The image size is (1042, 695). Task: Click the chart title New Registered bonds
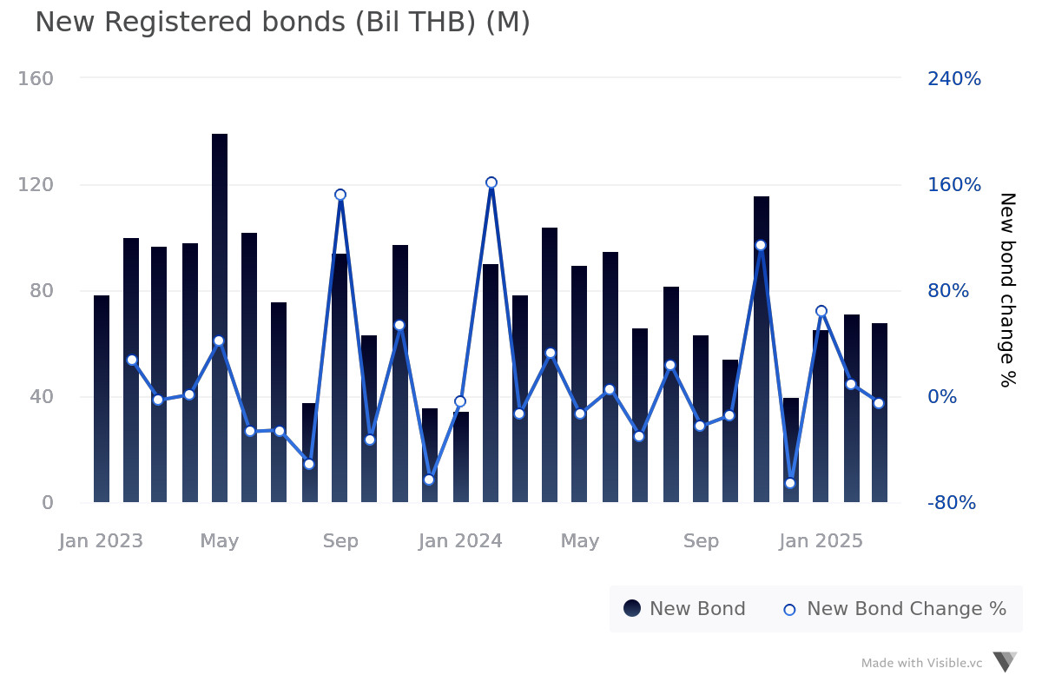point(282,23)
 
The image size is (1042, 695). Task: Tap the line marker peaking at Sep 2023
point(340,195)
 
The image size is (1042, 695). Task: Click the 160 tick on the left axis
point(36,79)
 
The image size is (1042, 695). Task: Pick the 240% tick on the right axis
point(953,79)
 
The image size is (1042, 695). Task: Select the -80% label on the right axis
point(951,503)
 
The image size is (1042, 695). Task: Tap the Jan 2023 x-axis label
point(101,541)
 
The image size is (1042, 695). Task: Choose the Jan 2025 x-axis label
point(821,541)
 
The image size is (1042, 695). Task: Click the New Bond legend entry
point(684,609)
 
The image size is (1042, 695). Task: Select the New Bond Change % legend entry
point(894,609)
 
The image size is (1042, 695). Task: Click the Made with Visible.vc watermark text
point(921,663)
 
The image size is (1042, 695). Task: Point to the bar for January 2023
point(102,399)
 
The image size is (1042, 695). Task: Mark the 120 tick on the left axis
point(36,185)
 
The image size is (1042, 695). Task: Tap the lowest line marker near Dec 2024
point(790,483)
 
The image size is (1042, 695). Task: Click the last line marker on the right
point(879,403)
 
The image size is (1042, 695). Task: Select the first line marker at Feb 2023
point(132,360)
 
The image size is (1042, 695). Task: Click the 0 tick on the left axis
point(47,503)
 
